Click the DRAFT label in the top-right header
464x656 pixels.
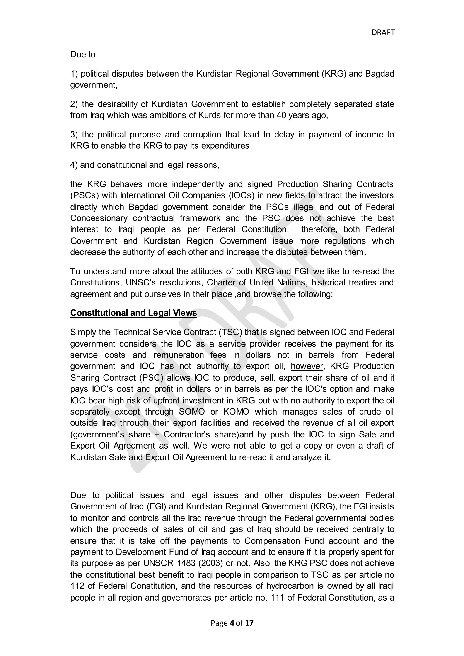(383, 33)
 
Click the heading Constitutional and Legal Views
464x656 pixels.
(133, 313)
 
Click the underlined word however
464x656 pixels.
(307, 366)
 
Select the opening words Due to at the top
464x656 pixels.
(82, 55)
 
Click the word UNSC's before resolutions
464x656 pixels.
(141, 282)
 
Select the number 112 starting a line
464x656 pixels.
(77, 586)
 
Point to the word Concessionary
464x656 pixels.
(99, 218)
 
